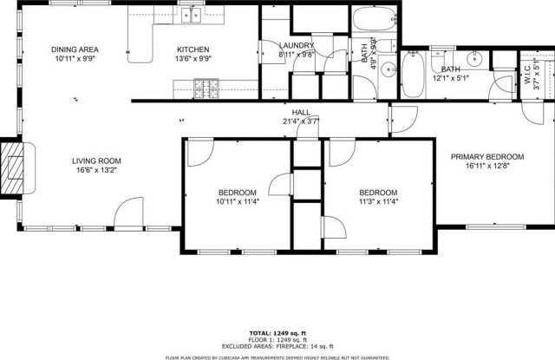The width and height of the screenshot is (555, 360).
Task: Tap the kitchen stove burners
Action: (x=206, y=88)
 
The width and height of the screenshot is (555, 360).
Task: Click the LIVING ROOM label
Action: (x=95, y=160)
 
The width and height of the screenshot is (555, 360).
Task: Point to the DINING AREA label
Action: (x=74, y=49)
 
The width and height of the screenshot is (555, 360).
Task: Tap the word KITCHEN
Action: (x=194, y=49)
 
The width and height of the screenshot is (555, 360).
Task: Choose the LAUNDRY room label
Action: (x=297, y=45)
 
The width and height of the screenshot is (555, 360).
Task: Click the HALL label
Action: (x=301, y=113)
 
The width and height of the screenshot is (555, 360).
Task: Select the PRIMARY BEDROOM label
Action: (x=486, y=157)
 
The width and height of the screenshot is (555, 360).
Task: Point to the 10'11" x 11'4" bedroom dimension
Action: (x=237, y=201)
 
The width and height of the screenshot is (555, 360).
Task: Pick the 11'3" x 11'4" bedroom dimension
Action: (x=378, y=201)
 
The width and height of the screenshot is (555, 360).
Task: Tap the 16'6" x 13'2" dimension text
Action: (x=95, y=170)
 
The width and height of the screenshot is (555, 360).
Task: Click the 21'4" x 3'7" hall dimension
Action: (x=301, y=121)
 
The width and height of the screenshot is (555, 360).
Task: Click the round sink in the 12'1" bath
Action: (x=475, y=60)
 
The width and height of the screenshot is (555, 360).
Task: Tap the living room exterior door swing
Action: (x=130, y=211)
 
